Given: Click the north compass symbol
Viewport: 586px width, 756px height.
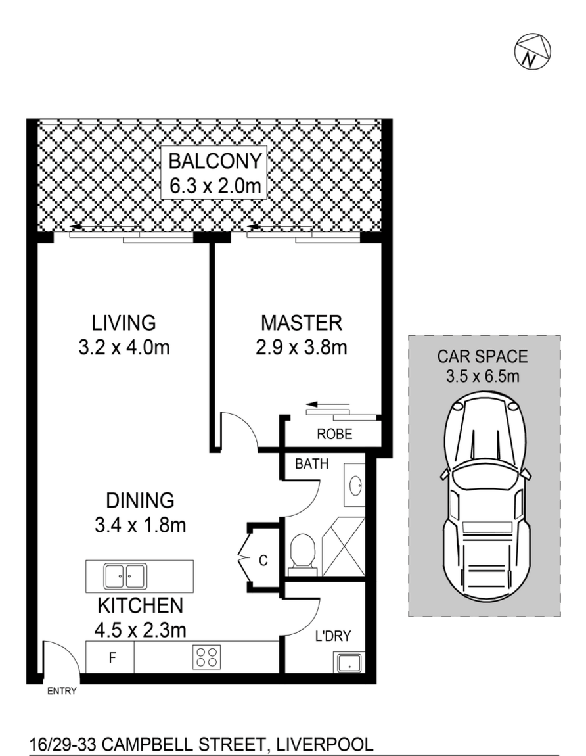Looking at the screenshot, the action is click(533, 52).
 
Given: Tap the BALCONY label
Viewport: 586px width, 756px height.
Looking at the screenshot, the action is click(215, 161).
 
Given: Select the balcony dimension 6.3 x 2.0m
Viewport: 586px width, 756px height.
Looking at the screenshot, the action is click(215, 185).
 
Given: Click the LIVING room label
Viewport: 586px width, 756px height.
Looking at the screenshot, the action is click(124, 323).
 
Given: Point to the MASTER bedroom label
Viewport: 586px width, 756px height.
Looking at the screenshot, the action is click(302, 323).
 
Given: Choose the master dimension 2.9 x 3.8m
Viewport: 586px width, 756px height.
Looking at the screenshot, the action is click(302, 347).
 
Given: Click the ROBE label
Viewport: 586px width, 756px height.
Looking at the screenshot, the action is click(334, 434).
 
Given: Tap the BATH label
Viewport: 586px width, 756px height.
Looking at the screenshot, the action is click(312, 464).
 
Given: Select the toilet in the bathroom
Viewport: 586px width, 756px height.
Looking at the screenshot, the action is click(304, 554).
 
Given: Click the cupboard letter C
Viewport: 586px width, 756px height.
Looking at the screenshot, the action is click(263, 560).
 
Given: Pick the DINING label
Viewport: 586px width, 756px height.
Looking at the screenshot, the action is click(140, 500).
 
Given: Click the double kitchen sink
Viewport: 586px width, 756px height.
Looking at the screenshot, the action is click(125, 576).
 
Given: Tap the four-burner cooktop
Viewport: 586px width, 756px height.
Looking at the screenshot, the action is click(207, 657).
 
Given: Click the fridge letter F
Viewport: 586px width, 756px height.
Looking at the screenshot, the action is click(112, 657).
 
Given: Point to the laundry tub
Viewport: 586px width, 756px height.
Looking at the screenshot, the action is click(349, 662).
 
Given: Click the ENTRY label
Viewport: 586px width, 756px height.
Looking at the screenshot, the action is click(62, 692).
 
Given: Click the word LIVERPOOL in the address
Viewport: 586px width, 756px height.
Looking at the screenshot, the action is click(323, 744).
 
